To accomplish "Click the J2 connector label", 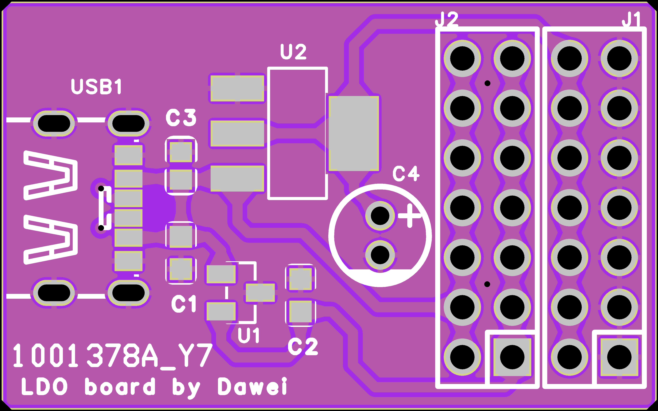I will point(447,20).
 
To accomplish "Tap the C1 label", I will point(184,304).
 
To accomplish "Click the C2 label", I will point(303,347).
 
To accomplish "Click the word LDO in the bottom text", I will point(44,386).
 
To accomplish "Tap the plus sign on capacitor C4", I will point(409,216).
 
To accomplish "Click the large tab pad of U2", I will point(354,133).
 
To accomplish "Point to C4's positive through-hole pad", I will point(380,216).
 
